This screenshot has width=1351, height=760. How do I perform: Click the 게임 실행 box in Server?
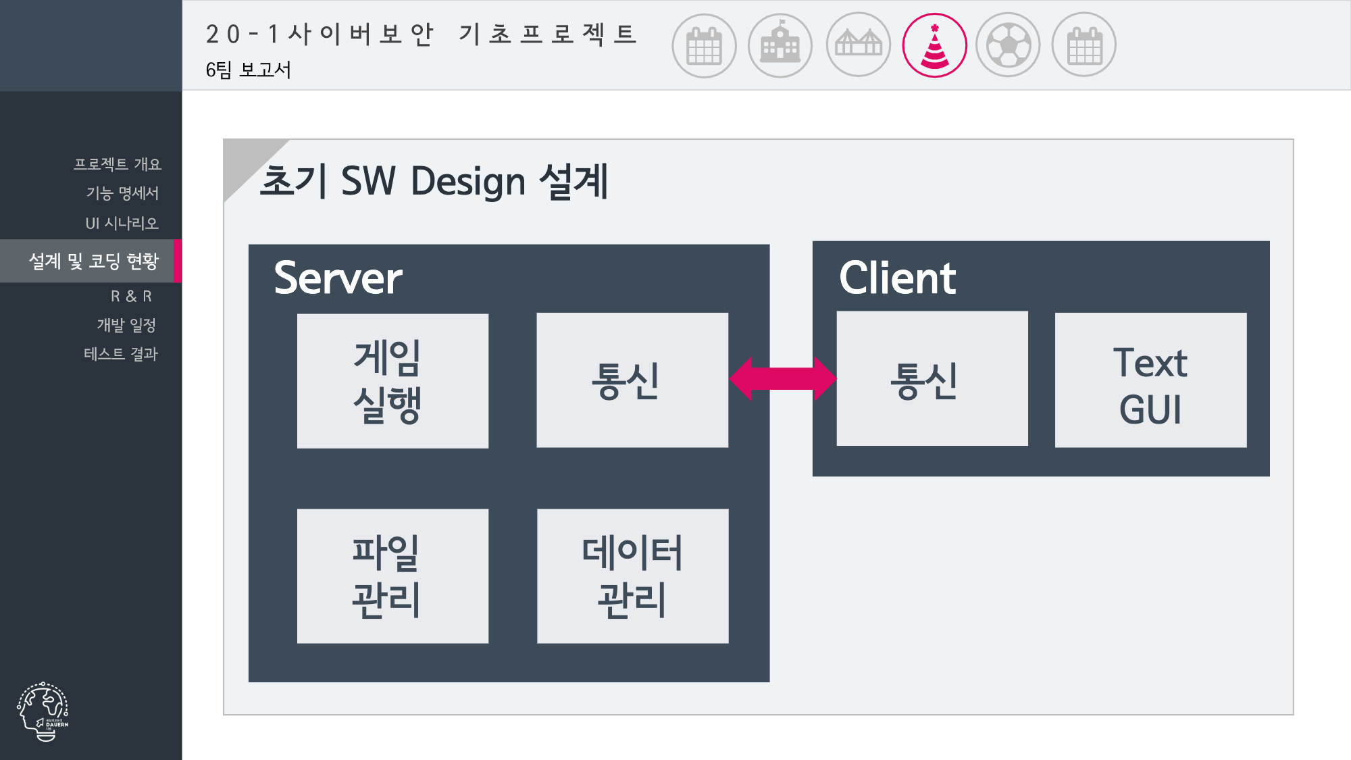coord(392,380)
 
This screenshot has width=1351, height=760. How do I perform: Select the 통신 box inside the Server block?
coord(632,380)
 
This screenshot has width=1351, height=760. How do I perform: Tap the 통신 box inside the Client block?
coord(932,378)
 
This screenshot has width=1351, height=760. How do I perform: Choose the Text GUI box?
coord(1150,380)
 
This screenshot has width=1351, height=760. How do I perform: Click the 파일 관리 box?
coord(392,576)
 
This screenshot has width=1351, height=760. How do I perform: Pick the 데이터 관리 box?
coord(632,576)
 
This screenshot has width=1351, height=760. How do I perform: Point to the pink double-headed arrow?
coord(783,378)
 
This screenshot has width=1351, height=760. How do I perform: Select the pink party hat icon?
coord(935,45)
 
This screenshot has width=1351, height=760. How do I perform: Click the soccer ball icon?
coord(1009,45)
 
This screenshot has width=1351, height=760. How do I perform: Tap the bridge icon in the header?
coord(859,45)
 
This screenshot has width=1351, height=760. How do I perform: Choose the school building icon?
coord(780,45)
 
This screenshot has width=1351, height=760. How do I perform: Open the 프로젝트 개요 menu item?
coord(118,164)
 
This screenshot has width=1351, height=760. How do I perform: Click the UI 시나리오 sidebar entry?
coord(122,223)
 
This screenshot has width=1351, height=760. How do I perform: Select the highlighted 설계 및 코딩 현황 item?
coord(93,261)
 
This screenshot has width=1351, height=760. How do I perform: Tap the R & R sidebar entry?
coord(131,296)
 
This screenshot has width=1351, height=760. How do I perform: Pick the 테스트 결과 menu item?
coord(120,353)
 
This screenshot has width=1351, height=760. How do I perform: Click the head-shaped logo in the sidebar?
coord(43,711)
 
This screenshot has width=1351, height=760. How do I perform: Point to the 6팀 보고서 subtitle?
coord(248,70)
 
